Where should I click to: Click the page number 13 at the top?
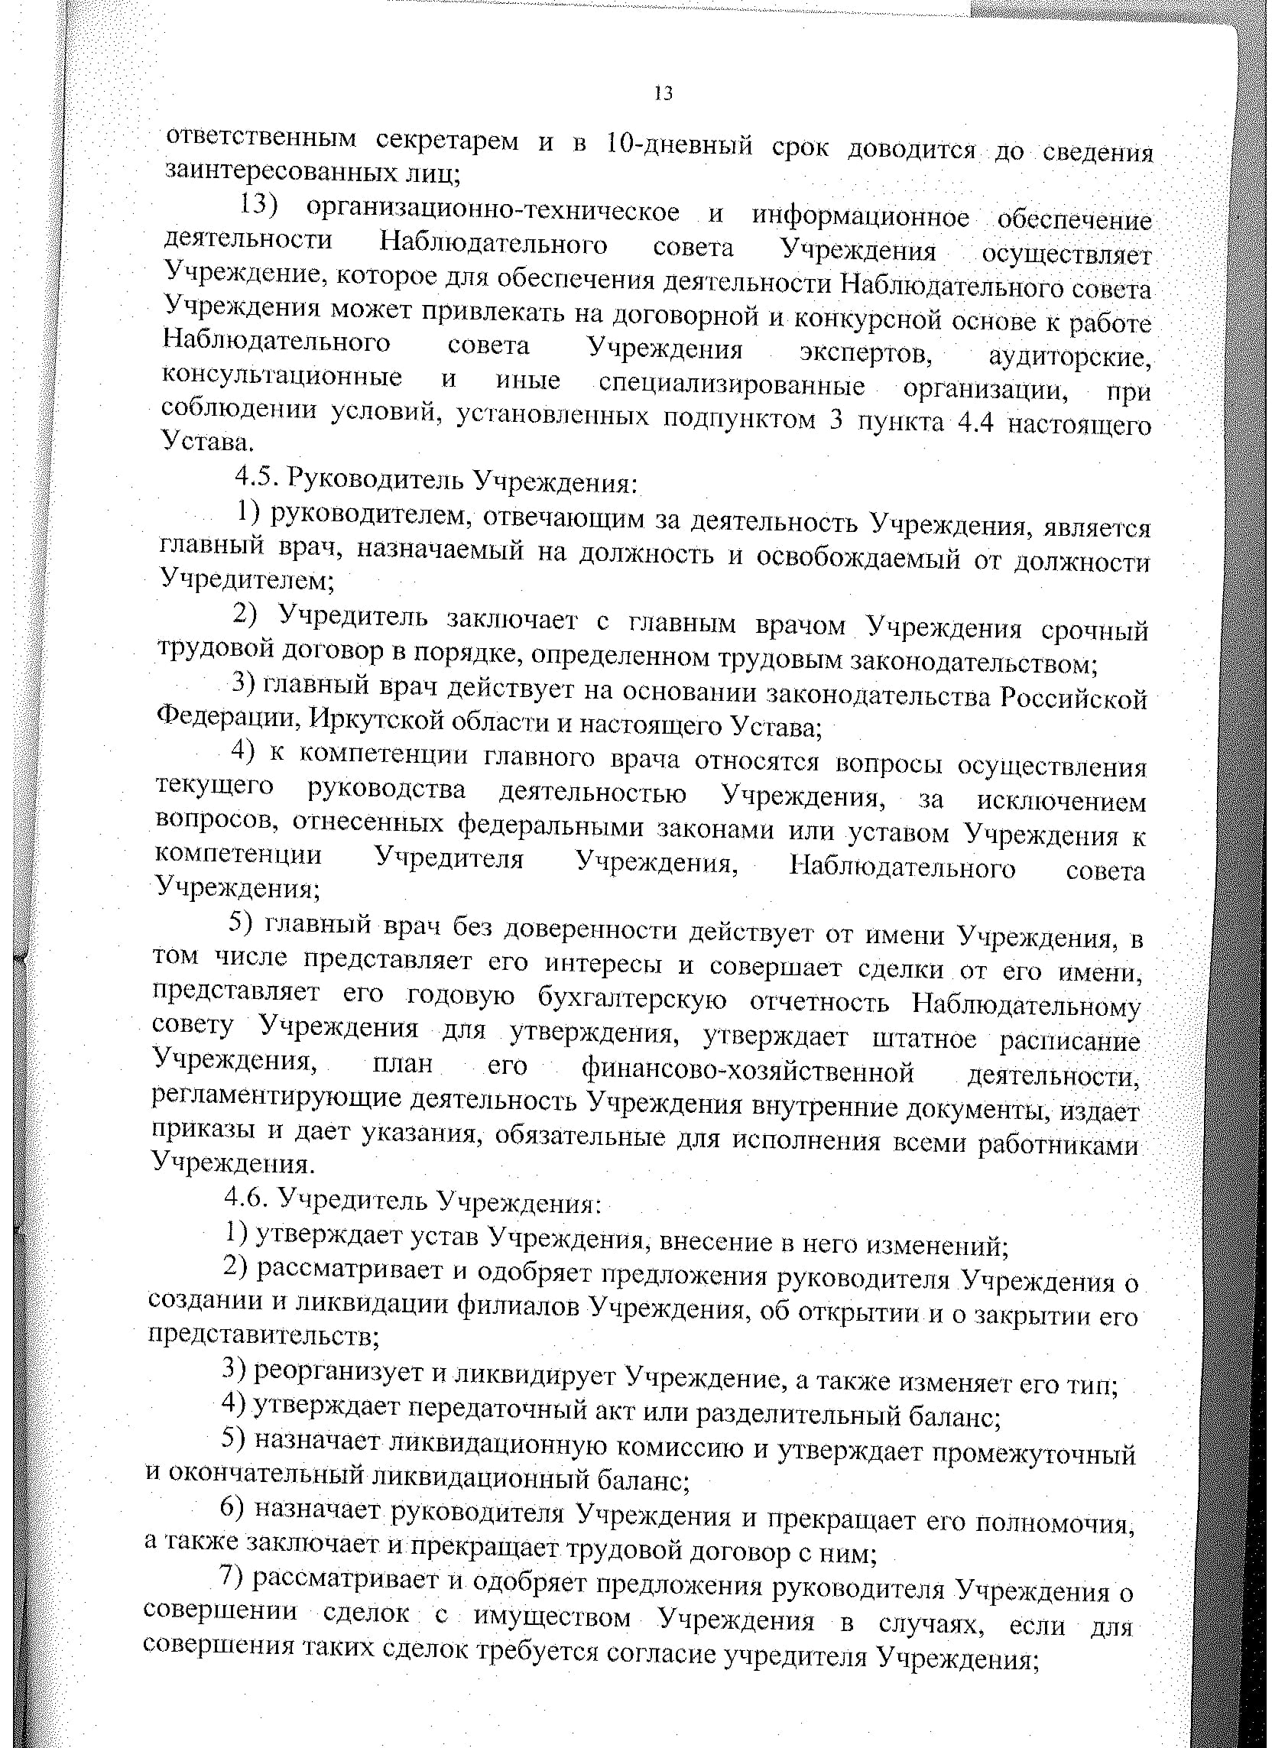click(x=663, y=94)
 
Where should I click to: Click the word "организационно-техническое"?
click(x=492, y=209)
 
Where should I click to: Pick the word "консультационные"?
click(x=282, y=378)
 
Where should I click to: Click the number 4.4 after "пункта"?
click(x=976, y=423)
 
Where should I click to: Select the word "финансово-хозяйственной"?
click(x=747, y=1072)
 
